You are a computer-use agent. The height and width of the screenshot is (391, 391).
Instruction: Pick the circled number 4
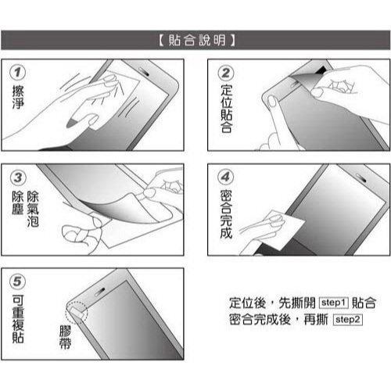tap(225, 178)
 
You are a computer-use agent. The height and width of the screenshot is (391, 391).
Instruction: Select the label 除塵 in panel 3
tap(17, 206)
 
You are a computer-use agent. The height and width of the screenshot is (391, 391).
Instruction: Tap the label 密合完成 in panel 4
tap(225, 217)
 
